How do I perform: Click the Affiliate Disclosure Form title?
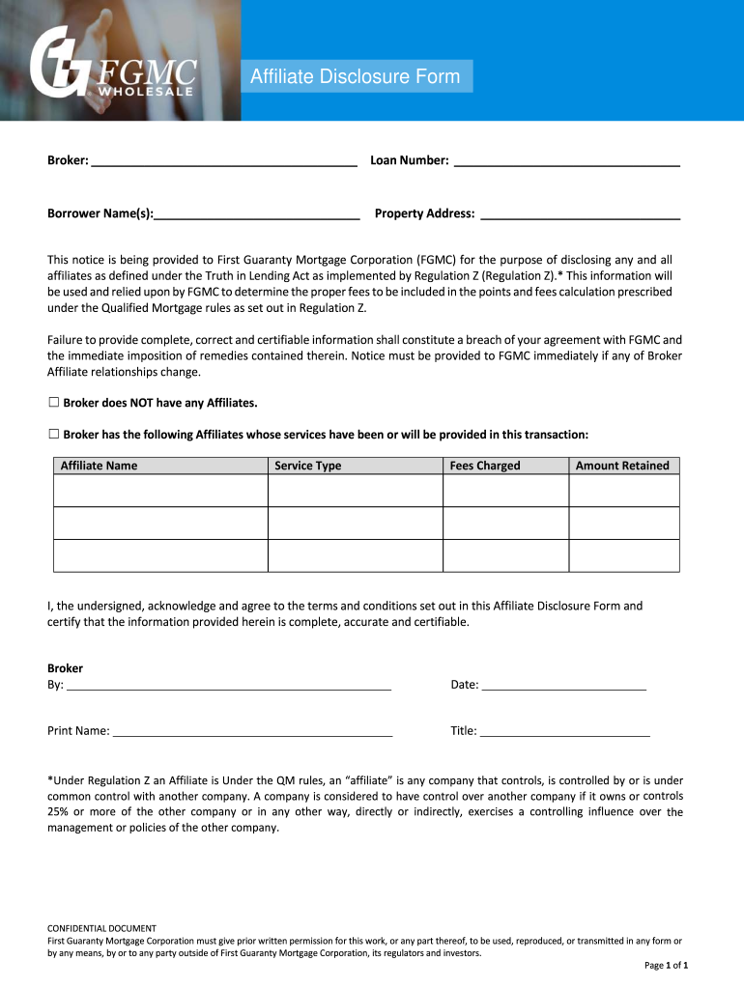356,76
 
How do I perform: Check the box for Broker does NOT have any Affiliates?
54,402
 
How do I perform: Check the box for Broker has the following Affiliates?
54,434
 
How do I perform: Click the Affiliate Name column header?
100,466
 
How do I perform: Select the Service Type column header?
308,466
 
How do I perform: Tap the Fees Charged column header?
485,466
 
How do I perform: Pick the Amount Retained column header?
622,466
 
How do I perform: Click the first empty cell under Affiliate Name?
160,491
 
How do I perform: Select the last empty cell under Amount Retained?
623,555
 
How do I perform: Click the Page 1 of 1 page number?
666,965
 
